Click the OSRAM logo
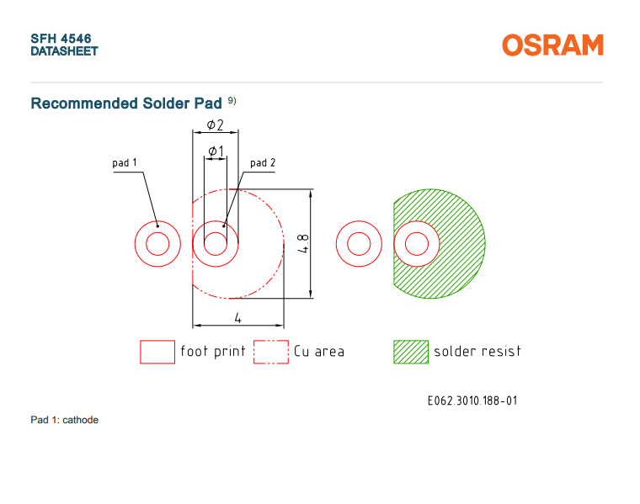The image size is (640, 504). pyautogui.click(x=552, y=45)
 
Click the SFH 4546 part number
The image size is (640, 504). pyautogui.click(x=61, y=39)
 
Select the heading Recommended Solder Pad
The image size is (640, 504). pyautogui.click(x=126, y=103)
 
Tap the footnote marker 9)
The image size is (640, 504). pyautogui.click(x=232, y=100)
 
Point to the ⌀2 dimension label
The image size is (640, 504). pyautogui.click(x=215, y=125)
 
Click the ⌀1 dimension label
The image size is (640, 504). pyautogui.click(x=216, y=151)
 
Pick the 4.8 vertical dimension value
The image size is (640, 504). pyautogui.click(x=303, y=243)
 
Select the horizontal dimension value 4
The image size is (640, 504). pyautogui.click(x=238, y=318)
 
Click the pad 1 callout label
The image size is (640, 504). pyautogui.click(x=125, y=162)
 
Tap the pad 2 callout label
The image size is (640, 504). pyautogui.click(x=263, y=162)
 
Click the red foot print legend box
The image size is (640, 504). pyautogui.click(x=157, y=352)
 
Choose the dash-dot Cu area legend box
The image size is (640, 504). pyautogui.click(x=271, y=352)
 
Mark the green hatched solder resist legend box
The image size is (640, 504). pyautogui.click(x=411, y=352)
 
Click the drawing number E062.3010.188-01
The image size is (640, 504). pyautogui.click(x=472, y=401)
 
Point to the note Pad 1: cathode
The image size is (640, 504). pyautogui.click(x=65, y=420)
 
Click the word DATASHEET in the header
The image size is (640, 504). pyautogui.click(x=65, y=51)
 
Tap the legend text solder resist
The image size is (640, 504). pyautogui.click(x=477, y=351)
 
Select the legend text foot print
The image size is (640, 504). pyautogui.click(x=213, y=351)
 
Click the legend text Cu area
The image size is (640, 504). pyautogui.click(x=319, y=351)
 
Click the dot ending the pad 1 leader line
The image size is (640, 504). pyautogui.click(x=157, y=226)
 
